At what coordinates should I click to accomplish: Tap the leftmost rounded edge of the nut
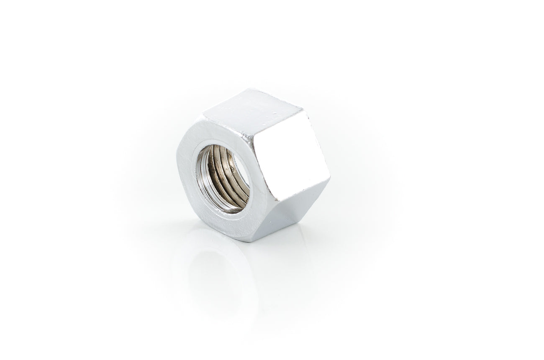[177, 167]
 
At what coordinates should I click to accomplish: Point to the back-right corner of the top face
[301, 110]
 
